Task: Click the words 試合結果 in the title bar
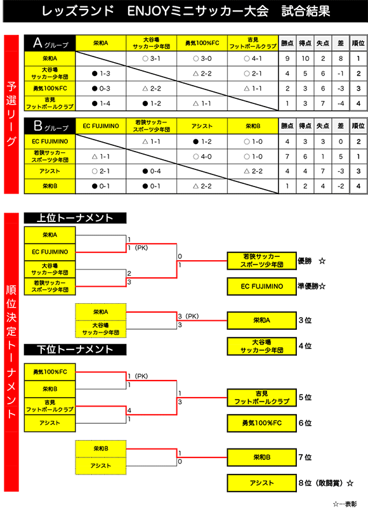(x=306, y=11)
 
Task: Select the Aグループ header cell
(x=49, y=43)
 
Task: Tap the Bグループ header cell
(x=49, y=126)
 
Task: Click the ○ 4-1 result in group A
(x=253, y=58)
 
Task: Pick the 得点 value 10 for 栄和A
(x=305, y=58)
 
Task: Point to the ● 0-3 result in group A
(x=101, y=88)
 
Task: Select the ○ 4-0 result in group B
(x=202, y=157)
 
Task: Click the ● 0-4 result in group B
(x=152, y=171)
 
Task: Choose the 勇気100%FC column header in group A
(x=202, y=43)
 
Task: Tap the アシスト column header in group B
(x=202, y=126)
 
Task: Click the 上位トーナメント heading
(x=75, y=218)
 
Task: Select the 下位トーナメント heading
(x=75, y=350)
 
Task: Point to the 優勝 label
(x=305, y=261)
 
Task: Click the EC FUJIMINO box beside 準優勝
(x=261, y=286)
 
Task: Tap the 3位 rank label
(x=305, y=320)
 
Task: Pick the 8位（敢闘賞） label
(x=321, y=483)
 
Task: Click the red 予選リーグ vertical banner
(x=11, y=114)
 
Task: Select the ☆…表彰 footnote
(x=345, y=504)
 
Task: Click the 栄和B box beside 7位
(x=261, y=457)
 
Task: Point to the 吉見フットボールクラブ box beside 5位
(x=261, y=398)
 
